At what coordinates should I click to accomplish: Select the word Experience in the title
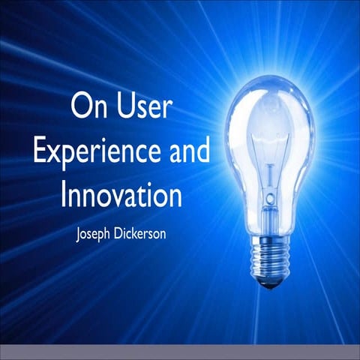coord(94,152)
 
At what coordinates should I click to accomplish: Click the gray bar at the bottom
coord(180,352)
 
